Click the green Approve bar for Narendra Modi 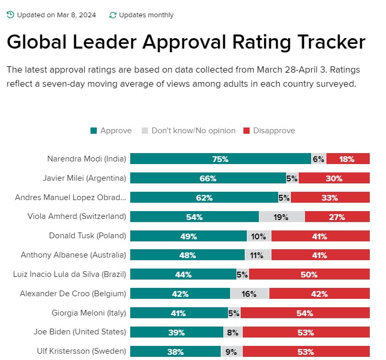pyautogui.click(x=220, y=159)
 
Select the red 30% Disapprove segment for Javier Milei pyautogui.click(x=334, y=178)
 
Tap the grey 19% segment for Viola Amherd pyautogui.click(x=281, y=217)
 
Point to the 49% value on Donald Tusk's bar pyautogui.click(x=188, y=236)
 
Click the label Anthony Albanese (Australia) pyautogui.click(x=73, y=255)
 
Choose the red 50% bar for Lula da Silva pyautogui.click(x=309, y=274)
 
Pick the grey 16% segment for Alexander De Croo pyautogui.click(x=249, y=294)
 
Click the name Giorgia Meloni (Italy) pyautogui.click(x=87, y=313)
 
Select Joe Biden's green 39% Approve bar pyautogui.click(x=177, y=332)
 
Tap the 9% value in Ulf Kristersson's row pyautogui.click(x=231, y=352)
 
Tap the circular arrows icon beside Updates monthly pyautogui.click(x=112, y=15)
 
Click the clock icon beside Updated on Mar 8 pyautogui.click(x=10, y=15)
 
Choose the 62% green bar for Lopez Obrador pyautogui.click(x=204, y=198)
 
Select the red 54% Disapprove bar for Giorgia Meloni pyautogui.click(x=305, y=313)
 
